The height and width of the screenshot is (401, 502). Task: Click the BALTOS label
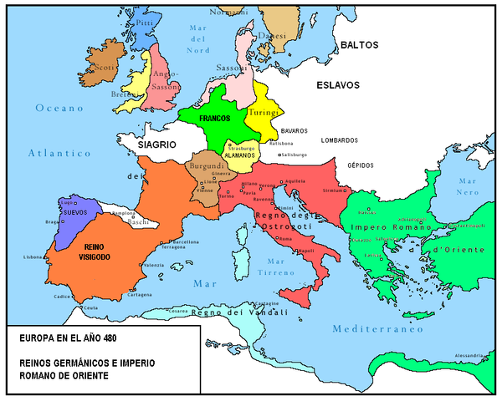pyautogui.click(x=357, y=45)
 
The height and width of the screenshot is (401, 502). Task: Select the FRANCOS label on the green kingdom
pyautogui.click(x=214, y=119)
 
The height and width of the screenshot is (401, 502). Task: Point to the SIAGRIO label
pyautogui.click(x=156, y=145)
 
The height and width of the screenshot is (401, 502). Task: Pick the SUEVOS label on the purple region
pyautogui.click(x=75, y=213)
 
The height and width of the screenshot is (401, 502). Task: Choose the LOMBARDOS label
pyautogui.click(x=345, y=140)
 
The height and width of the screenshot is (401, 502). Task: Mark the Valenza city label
pyautogui.click(x=154, y=265)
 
